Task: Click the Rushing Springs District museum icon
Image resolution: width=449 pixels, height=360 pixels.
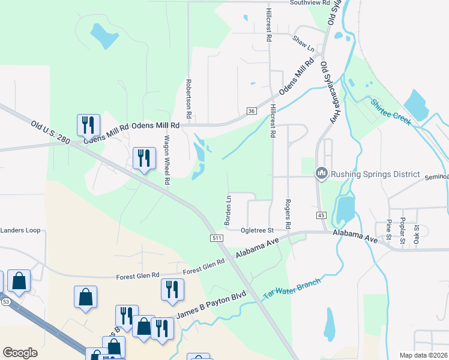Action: [x=321, y=174]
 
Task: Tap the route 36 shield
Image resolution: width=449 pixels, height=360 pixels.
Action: [x=252, y=111]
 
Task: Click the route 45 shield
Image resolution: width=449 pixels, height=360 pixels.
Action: [x=321, y=215]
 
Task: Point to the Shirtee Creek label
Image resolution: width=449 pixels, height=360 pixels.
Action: [x=391, y=111]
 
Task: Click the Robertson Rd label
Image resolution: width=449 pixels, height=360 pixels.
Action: [x=188, y=98]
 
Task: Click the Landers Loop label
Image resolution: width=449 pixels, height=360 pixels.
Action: [x=20, y=230]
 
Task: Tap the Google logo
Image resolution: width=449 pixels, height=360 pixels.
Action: [x=20, y=353]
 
